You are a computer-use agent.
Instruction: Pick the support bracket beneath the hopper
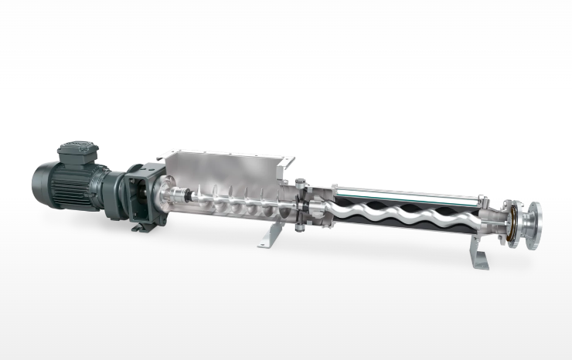point(268,236)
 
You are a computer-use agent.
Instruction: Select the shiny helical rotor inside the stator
point(402,212)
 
